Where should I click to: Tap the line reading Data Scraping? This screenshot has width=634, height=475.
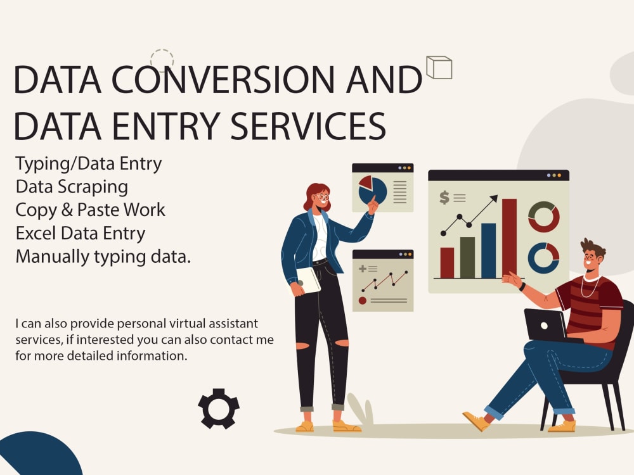click(72, 187)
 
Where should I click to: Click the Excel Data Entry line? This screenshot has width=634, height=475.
click(81, 233)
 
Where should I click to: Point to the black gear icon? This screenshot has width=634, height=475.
click(219, 408)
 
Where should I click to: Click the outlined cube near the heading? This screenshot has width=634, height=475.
click(439, 67)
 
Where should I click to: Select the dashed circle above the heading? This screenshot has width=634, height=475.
click(162, 60)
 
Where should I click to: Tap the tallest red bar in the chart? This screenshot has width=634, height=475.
click(509, 238)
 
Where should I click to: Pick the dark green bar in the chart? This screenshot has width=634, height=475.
click(467, 257)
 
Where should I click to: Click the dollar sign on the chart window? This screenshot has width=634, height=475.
click(444, 198)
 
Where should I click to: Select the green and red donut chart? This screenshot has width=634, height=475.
click(543, 217)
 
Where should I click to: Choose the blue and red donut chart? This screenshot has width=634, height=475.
click(543, 258)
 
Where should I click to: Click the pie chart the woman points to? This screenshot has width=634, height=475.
click(372, 190)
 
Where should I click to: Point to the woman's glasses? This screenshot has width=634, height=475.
click(323, 198)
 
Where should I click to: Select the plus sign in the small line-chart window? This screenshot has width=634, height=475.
click(363, 269)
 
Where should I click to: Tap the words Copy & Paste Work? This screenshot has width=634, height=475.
click(90, 210)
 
